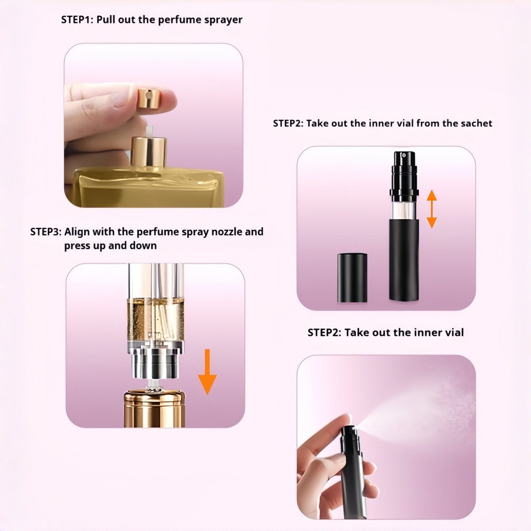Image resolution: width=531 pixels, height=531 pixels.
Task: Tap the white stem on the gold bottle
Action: pos(149,131)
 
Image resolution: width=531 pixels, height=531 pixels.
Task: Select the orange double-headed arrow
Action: pos(431,209)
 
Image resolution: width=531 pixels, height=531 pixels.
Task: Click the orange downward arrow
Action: pos(207,372)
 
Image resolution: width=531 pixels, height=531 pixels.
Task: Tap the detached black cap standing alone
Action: pos(352,277)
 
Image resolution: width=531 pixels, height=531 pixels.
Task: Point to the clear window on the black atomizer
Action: pos(404,211)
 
